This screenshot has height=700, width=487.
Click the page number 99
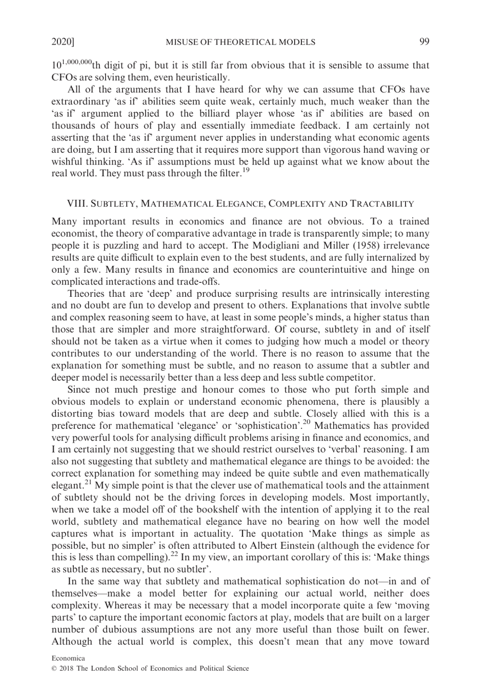coord(424,42)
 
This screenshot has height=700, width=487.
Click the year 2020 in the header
coord(61,42)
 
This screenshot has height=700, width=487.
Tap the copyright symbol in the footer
coord(54,668)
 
